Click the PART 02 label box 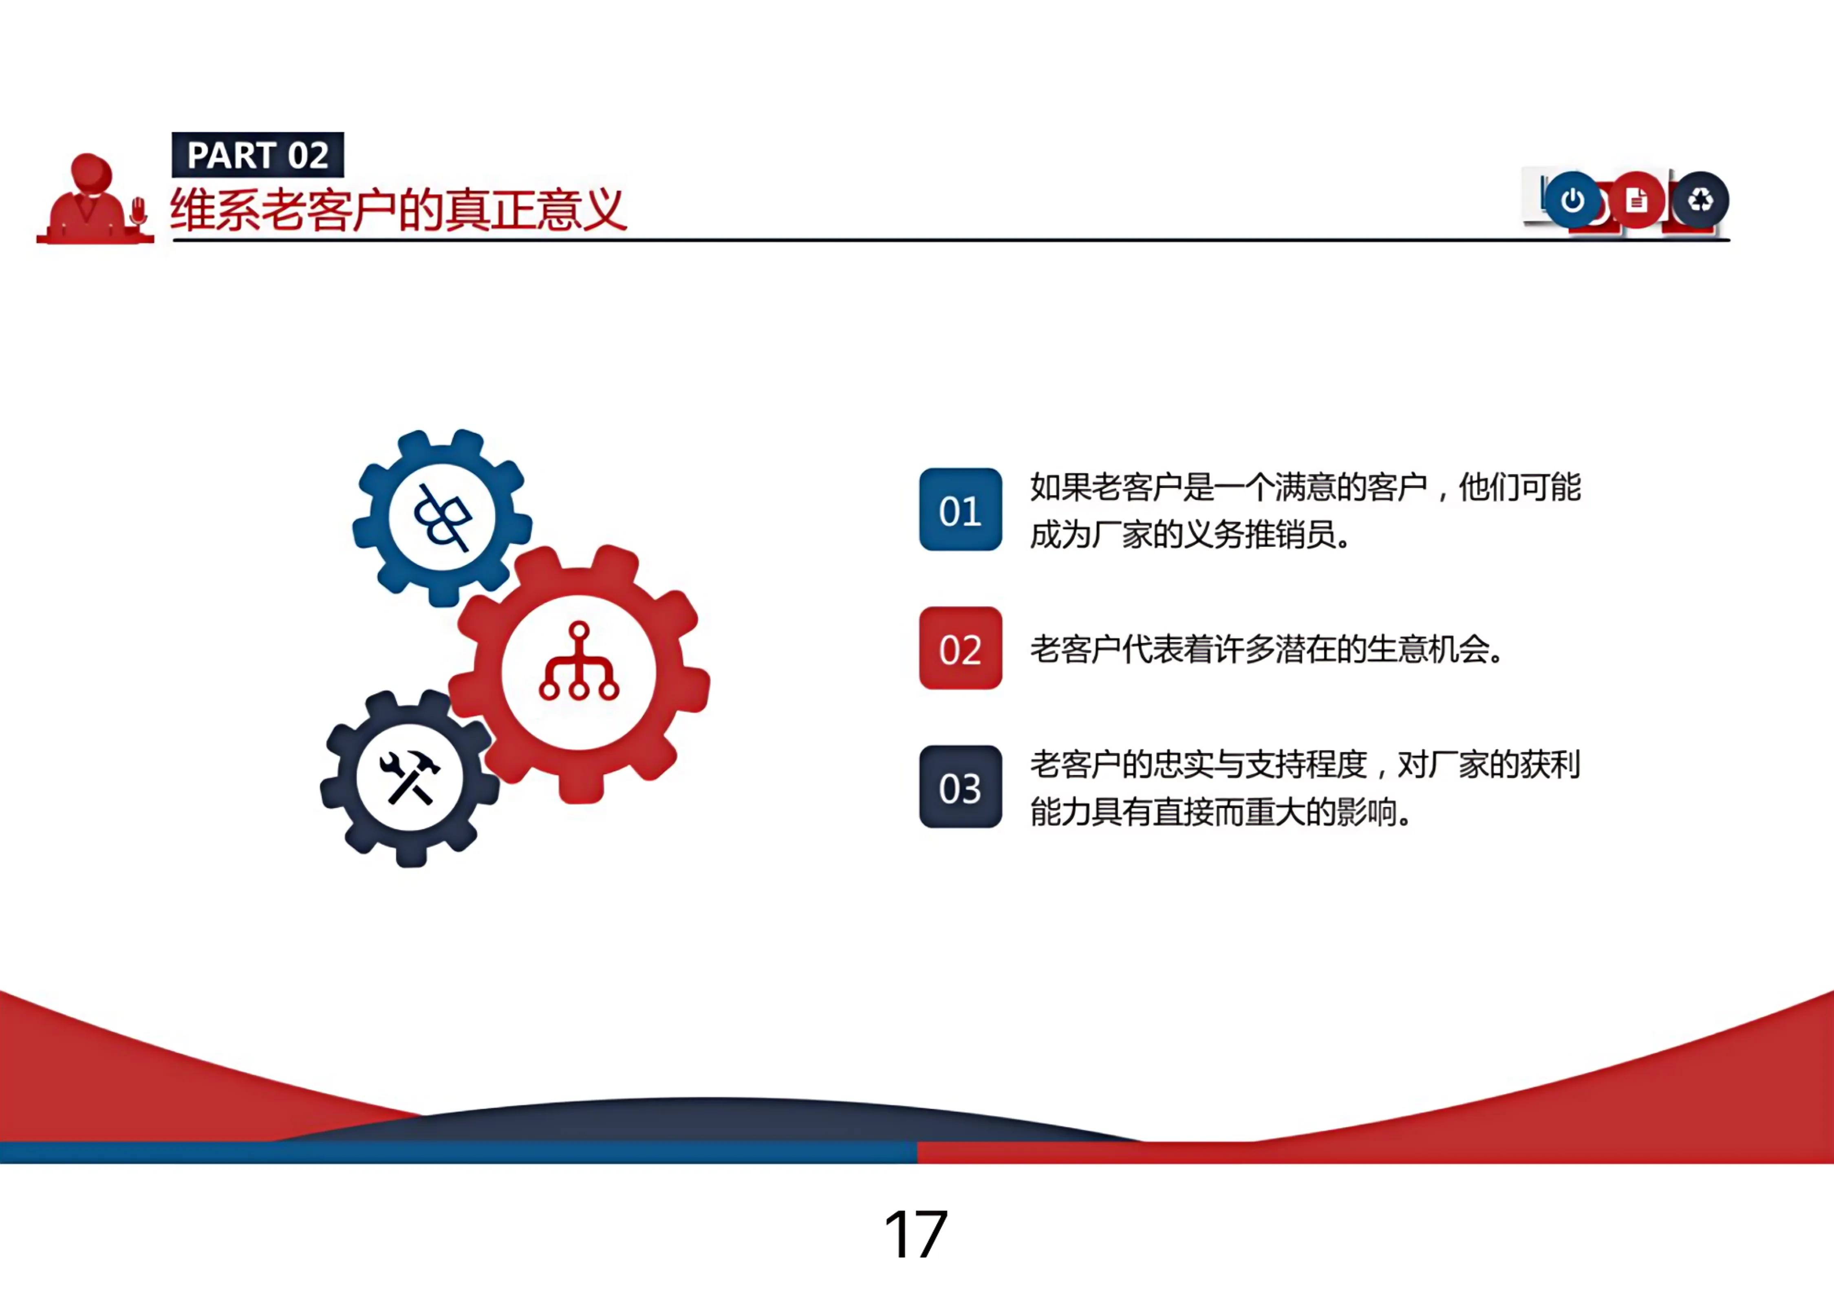point(257,155)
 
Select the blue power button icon point(1572,200)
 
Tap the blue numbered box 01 point(960,509)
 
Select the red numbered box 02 point(960,648)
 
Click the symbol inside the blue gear point(442,518)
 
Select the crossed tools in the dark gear point(409,776)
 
